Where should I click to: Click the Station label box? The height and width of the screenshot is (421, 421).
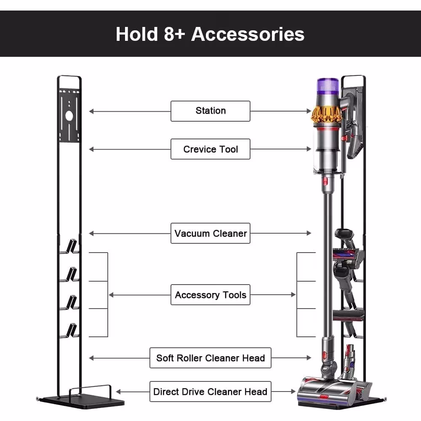tap(210, 111)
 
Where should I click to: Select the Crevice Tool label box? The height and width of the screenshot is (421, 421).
tap(210, 149)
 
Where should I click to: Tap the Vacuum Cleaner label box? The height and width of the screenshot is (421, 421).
tap(210, 233)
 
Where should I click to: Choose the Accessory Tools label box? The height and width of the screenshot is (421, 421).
tap(210, 295)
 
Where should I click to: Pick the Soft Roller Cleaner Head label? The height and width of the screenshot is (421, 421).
tap(210, 358)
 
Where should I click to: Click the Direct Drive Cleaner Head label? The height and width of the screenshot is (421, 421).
tap(210, 392)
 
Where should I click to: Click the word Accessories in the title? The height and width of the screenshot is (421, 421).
tap(248, 34)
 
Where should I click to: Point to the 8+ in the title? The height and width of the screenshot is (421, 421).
tap(174, 34)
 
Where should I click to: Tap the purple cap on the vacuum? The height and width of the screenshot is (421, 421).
tap(328, 86)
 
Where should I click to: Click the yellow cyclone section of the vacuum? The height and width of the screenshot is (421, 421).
tap(327, 115)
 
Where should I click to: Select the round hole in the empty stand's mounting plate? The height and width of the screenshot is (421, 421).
tap(69, 116)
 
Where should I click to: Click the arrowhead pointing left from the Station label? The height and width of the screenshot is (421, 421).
tap(91, 111)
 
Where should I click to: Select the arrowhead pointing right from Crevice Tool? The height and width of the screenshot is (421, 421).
tap(309, 149)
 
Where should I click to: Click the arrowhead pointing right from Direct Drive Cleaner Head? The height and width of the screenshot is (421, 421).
tap(293, 392)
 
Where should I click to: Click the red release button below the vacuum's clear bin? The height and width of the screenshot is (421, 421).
tap(325, 181)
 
